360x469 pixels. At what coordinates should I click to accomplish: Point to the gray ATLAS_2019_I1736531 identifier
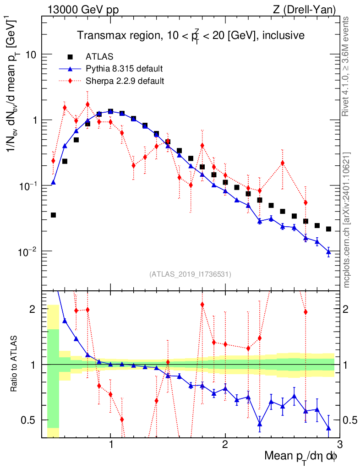(190, 274)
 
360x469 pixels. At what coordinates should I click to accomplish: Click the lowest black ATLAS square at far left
(53, 215)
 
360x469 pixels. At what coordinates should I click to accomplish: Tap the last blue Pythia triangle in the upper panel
(328, 251)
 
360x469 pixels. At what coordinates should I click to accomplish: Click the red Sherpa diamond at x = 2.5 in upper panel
(283, 163)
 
